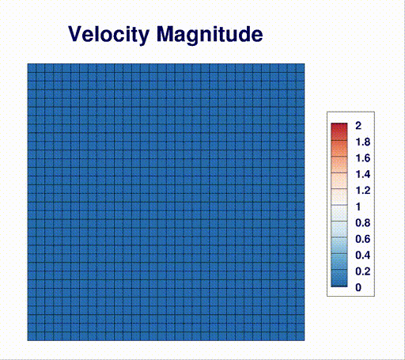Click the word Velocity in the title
108,35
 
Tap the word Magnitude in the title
210,35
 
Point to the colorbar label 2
358,126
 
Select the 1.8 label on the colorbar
363,142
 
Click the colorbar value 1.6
363,158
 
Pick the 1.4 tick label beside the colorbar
363,174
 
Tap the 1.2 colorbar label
363,191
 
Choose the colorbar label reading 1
358,207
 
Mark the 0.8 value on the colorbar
363,223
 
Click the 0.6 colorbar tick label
363,239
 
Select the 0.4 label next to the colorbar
363,256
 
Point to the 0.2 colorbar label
363,271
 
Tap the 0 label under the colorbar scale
358,287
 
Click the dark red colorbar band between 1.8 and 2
339,132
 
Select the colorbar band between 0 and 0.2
339,279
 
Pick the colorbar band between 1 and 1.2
339,197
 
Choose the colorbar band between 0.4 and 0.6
339,245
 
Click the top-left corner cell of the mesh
32,68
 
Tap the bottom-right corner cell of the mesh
301,336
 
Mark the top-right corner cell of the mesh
301,68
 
